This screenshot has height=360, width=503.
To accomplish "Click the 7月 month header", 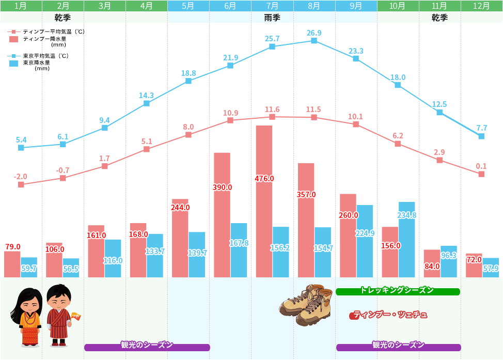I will point(272,6).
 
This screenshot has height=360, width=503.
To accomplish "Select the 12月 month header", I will point(481,6).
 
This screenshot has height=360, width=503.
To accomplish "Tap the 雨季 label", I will point(272,18).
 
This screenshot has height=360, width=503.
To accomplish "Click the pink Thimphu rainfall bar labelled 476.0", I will point(264,207).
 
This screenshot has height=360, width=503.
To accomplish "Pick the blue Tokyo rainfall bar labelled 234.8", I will point(406,243).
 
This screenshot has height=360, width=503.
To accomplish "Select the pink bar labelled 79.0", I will point(12,264).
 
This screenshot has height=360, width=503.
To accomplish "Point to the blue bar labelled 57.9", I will point(491,269).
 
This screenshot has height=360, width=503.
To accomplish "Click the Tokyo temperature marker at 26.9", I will point(314,40).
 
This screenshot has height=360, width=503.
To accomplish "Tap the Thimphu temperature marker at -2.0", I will point(21,184).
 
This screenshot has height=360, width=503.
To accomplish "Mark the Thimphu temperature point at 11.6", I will point(272,117).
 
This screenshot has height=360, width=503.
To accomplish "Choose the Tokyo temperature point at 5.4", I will point(21,148).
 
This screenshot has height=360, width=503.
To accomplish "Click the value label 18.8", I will point(188,73).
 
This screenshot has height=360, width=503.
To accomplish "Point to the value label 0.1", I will point(481,166).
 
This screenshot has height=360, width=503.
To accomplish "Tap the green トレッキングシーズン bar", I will point(397,291).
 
